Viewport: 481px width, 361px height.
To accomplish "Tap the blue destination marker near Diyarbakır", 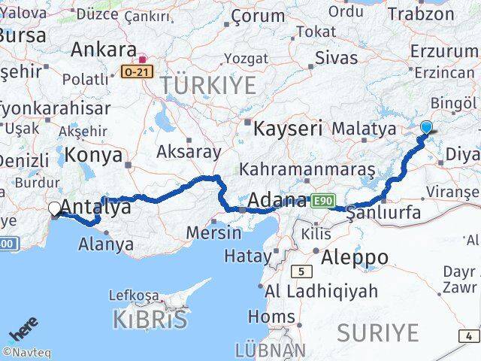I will (427, 127).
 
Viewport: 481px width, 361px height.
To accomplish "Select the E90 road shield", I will (324, 199).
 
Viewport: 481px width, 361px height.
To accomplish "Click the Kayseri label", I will (289, 128).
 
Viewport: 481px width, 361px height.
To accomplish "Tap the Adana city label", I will (277, 201).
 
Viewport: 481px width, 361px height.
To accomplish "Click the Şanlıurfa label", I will (383, 213).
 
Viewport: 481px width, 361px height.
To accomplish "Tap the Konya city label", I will (94, 155).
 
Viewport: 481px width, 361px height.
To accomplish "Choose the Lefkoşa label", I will (134, 295).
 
